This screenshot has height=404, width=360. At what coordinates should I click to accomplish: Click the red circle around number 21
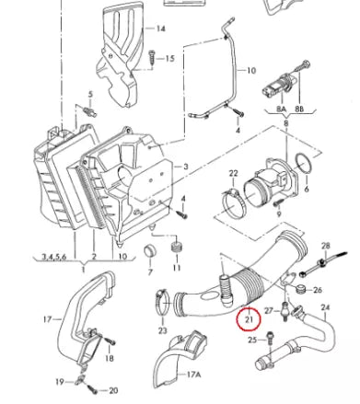(247, 319)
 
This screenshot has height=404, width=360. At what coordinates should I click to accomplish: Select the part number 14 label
(161, 29)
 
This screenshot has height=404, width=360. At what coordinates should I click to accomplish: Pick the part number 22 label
(233, 173)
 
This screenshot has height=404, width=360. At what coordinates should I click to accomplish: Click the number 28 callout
(325, 246)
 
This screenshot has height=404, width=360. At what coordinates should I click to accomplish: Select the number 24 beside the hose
(324, 306)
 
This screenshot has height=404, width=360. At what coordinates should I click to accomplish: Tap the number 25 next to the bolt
(251, 341)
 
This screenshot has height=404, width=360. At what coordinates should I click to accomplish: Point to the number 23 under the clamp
(162, 329)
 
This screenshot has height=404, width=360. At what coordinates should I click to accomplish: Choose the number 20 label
(114, 389)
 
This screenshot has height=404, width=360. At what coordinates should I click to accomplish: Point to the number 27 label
(269, 311)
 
